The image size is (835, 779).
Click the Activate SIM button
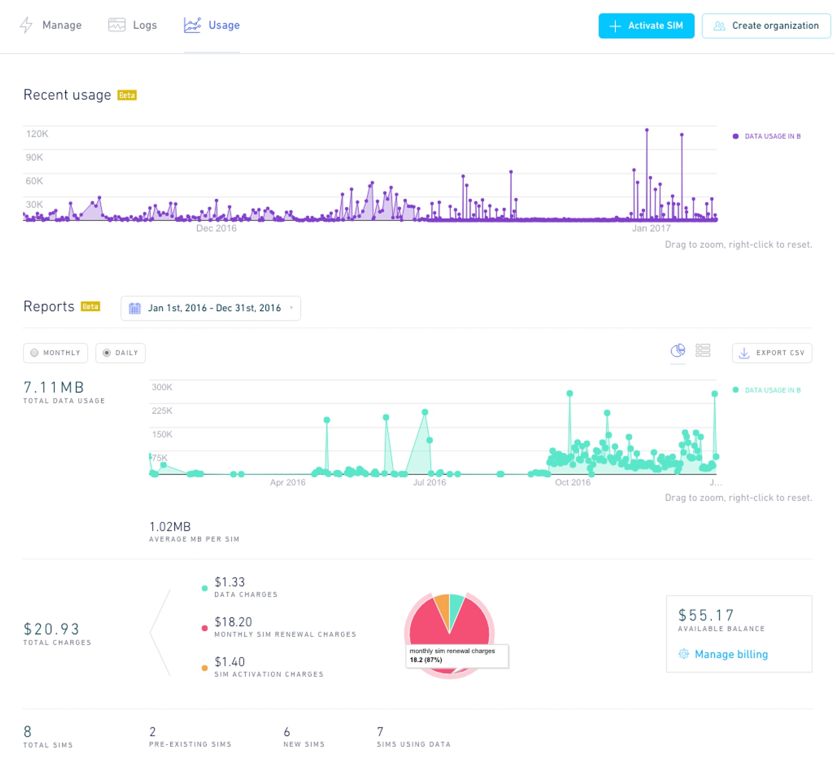click(x=646, y=26)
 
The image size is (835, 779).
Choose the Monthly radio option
click(x=55, y=353)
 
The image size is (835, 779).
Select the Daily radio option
click(x=121, y=353)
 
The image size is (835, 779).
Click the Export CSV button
click(x=772, y=353)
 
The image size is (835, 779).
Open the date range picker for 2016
click(x=211, y=308)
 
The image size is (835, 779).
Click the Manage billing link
click(x=731, y=654)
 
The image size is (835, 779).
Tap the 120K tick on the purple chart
click(x=37, y=134)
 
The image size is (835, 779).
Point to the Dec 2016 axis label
click(x=216, y=228)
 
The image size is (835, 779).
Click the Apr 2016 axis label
click(x=288, y=482)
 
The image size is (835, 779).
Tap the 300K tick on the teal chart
click(x=162, y=387)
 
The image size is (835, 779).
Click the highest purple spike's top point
click(x=647, y=130)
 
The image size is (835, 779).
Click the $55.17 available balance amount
click(x=706, y=615)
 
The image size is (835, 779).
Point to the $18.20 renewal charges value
click(x=233, y=622)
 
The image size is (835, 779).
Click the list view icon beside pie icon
click(x=703, y=350)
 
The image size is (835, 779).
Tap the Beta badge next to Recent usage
click(x=127, y=95)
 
